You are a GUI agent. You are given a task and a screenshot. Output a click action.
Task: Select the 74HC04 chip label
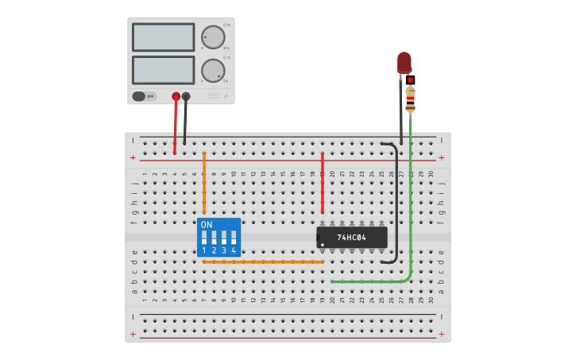click(x=350, y=238)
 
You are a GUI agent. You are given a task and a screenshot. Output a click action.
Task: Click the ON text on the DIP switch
click(x=207, y=225)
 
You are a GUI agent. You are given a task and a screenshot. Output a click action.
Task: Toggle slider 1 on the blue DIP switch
click(x=204, y=237)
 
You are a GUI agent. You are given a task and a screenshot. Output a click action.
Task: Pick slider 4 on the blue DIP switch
click(x=234, y=237)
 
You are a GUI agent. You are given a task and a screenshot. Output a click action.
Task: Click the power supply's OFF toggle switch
click(x=144, y=96)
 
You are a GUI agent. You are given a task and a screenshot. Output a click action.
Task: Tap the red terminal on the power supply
click(x=176, y=96)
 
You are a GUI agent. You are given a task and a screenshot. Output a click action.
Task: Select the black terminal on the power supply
click(x=186, y=96)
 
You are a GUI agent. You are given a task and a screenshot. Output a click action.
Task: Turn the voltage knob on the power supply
click(x=213, y=37)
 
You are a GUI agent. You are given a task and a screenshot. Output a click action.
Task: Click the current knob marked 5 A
click(x=213, y=70)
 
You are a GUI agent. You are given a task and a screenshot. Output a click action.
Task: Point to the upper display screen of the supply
click(x=163, y=37)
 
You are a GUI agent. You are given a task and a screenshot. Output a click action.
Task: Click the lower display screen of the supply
click(x=163, y=70)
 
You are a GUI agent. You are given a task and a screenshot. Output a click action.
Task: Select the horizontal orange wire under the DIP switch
click(x=262, y=261)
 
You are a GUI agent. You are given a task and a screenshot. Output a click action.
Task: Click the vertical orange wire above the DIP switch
click(x=204, y=183)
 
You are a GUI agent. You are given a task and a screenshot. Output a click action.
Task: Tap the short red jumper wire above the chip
click(x=322, y=183)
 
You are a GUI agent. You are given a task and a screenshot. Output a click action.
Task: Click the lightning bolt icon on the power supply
click(x=226, y=96)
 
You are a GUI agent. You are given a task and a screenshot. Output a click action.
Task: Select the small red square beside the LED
click(x=410, y=79)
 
